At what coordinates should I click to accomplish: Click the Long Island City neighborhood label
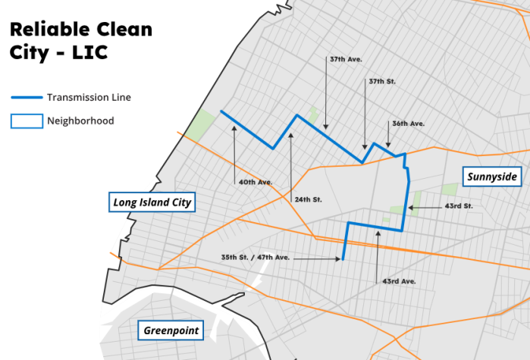(152, 202)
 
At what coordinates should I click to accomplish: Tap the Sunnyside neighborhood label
(492, 177)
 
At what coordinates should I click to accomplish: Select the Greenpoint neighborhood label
(171, 330)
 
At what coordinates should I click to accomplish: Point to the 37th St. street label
(381, 80)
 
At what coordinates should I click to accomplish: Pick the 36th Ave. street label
(408, 124)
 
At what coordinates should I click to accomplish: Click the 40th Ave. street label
(255, 182)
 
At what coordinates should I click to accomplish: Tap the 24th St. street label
(308, 199)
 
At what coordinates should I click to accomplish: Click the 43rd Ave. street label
(399, 281)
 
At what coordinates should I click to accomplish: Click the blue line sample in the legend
(27, 98)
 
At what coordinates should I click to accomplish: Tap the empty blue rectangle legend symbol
(27, 121)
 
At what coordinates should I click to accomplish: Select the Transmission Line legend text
(89, 98)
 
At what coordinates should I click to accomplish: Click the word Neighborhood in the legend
(80, 121)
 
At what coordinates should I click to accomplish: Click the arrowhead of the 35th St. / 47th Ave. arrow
(340, 258)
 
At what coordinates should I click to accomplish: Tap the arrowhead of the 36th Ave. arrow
(388, 147)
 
